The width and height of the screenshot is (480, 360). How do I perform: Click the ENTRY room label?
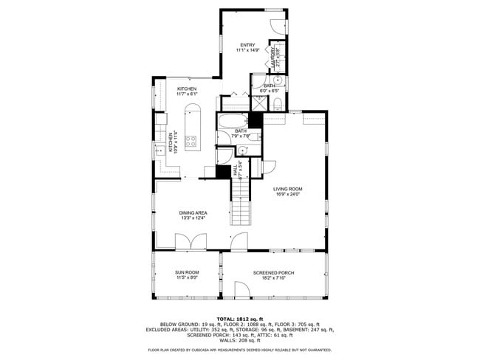click(247, 45)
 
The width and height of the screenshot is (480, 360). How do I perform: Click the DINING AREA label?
click(191, 212)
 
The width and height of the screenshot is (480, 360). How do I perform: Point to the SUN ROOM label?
click(187, 272)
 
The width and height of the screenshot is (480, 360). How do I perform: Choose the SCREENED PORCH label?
click(273, 272)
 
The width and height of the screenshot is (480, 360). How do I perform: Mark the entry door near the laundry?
click(276, 23)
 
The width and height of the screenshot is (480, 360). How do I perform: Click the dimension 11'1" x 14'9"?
click(247, 50)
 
